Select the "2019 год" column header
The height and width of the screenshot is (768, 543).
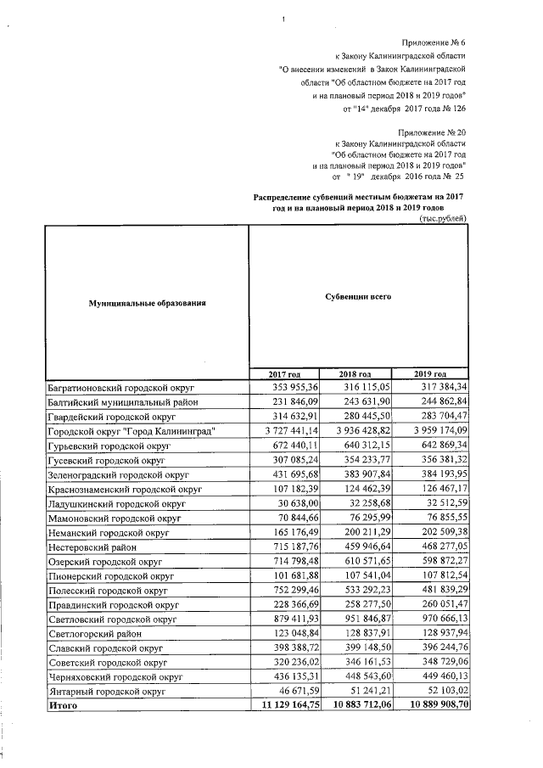(430, 374)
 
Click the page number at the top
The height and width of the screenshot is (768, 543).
(283, 19)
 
